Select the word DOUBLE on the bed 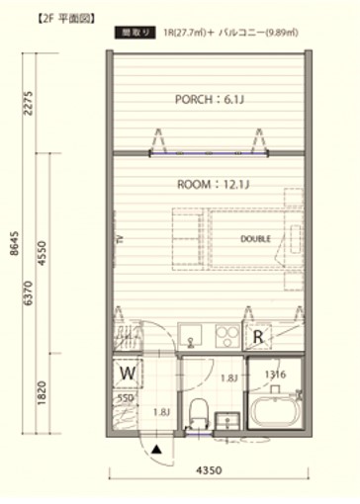(255, 239)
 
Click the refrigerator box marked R (259, 336)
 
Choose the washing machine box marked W (128, 374)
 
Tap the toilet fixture (198, 409)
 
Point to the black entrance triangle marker (156, 448)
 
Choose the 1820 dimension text (42, 392)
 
